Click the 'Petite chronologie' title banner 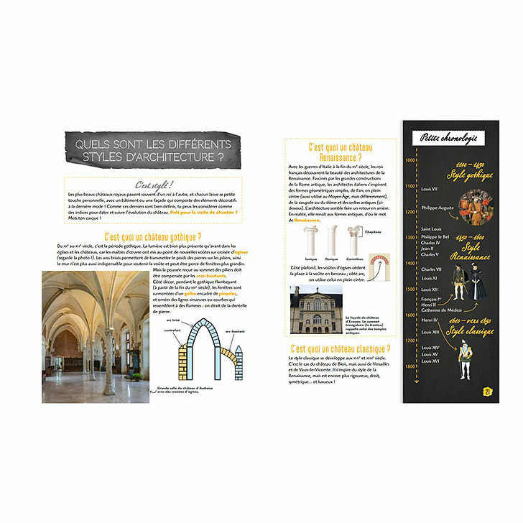point(446,138)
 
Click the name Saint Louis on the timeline point(432,229)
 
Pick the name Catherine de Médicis point(441,308)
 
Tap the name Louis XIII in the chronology point(431,332)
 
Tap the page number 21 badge point(486,392)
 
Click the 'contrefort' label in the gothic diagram point(172,330)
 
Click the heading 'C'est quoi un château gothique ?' point(152,236)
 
